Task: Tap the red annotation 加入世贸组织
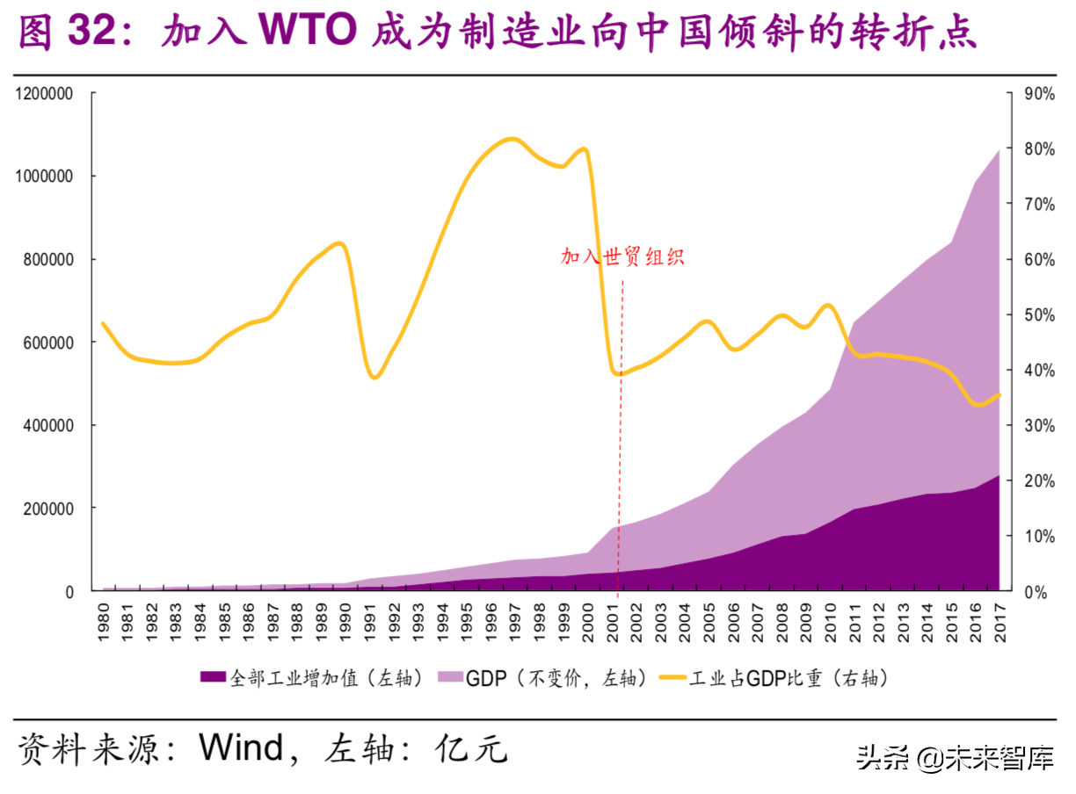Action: coord(622,257)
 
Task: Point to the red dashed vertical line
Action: coord(622,439)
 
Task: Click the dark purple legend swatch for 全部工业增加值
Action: coord(214,677)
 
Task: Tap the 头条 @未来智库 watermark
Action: coord(955,756)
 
